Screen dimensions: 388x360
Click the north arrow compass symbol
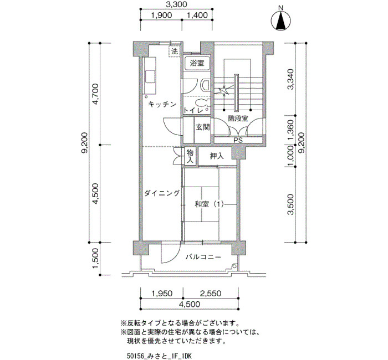(x=280, y=21)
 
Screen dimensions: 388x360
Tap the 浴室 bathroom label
(x=197, y=63)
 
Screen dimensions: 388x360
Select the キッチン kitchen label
(x=162, y=104)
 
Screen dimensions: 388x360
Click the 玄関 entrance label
(x=203, y=127)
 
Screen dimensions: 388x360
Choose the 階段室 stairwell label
(x=238, y=119)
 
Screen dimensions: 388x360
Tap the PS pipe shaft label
(x=238, y=141)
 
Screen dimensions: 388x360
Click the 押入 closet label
(x=217, y=156)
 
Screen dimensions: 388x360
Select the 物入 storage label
(x=190, y=156)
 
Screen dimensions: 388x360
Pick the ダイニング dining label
(x=162, y=193)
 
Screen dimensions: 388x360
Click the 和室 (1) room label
(x=210, y=204)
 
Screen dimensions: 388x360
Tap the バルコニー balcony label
(x=203, y=257)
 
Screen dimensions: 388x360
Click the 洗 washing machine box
(x=175, y=52)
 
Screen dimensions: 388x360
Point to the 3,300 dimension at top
(x=176, y=4)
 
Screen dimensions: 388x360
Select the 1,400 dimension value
(x=197, y=16)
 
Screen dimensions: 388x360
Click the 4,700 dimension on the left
(x=95, y=94)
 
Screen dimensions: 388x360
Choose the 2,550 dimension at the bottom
(x=211, y=293)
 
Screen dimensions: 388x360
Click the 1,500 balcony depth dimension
(x=95, y=259)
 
